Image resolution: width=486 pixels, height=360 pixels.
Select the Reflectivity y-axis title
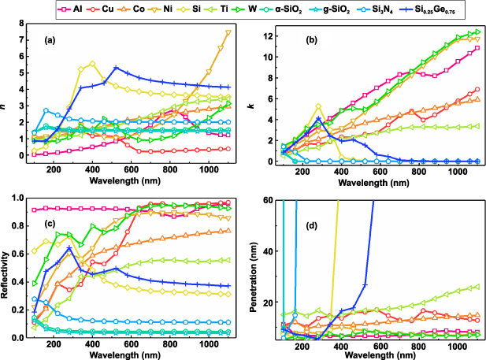coord(6,266)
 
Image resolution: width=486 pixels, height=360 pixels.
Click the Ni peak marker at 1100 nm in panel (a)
coord(228,32)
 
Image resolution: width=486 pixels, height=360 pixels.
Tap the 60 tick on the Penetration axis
coord(269,201)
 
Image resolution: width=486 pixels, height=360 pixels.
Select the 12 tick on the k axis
coord(269,36)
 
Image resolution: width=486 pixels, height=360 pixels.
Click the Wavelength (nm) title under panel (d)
coord(380,354)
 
